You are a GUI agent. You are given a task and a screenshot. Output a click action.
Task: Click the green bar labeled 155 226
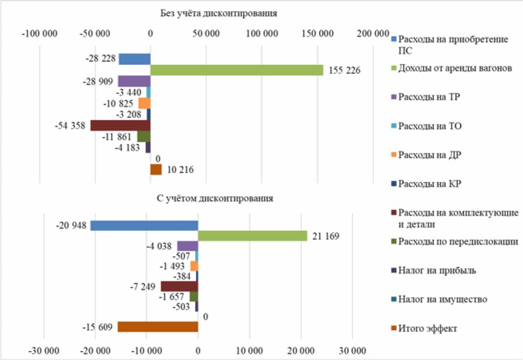tap(237, 70)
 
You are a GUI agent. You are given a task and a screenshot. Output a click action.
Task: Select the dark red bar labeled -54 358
tap(120, 126)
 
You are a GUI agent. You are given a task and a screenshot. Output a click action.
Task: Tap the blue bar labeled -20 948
tap(144, 225)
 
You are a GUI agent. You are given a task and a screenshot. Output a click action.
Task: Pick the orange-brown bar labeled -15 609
tap(157, 327)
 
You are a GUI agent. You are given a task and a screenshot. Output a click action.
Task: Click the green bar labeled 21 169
tap(252, 236)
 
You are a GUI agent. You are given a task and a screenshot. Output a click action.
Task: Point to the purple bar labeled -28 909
tap(134, 81)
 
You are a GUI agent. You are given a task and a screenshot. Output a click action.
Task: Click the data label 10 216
tap(180, 170)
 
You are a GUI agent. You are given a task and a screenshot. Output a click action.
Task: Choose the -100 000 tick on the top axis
tap(39, 32)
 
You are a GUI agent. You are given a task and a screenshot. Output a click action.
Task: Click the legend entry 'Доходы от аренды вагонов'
tap(455, 69)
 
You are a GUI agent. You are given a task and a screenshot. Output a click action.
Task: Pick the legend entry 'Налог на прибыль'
tap(437, 270)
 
